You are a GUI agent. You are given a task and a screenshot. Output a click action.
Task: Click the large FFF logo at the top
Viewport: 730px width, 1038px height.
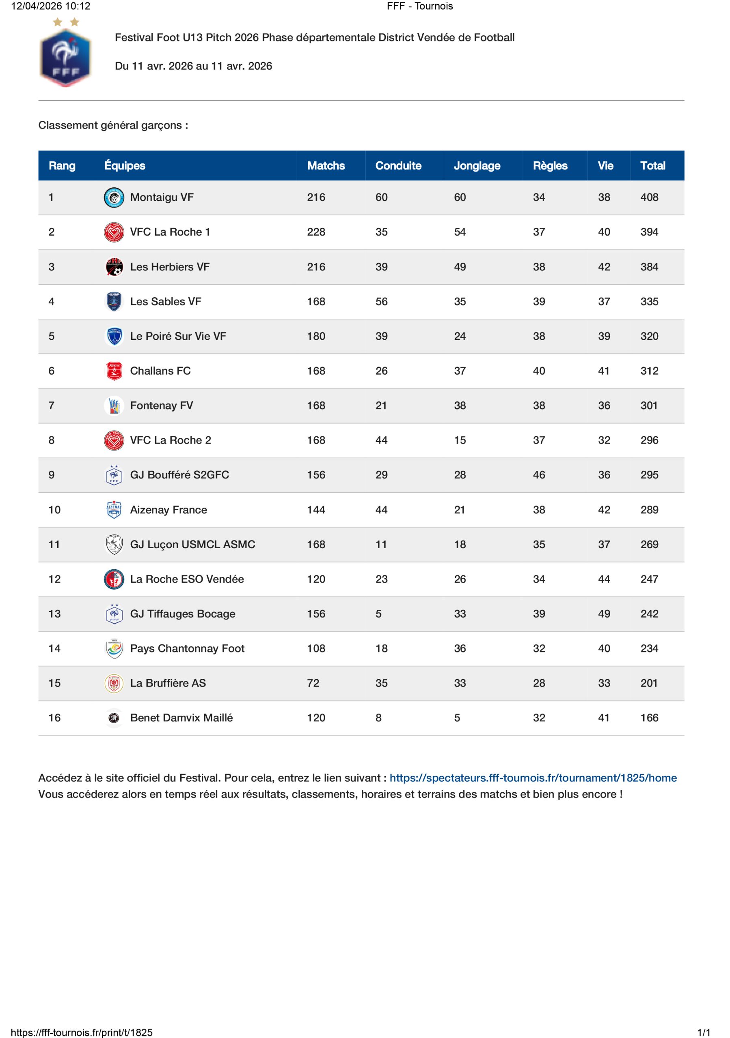(66, 54)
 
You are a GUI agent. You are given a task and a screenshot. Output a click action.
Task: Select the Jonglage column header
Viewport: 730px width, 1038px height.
(477, 165)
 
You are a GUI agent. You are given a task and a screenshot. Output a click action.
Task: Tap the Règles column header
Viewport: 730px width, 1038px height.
(549, 165)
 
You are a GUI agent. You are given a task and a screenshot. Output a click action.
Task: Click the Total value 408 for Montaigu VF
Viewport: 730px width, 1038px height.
(649, 197)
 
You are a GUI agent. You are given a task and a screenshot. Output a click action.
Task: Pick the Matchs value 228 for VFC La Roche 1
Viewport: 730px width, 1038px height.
(316, 232)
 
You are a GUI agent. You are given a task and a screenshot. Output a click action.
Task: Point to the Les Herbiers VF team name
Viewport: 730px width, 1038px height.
(170, 267)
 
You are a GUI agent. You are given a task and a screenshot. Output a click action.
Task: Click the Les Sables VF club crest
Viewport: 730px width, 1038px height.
(114, 301)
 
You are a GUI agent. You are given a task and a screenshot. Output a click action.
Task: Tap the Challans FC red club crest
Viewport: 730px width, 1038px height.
(114, 371)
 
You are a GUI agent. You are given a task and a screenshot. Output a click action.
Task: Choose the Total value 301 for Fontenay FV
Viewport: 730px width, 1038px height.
(648, 405)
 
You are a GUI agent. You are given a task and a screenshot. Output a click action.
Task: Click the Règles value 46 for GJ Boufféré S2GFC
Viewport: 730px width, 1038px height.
(538, 475)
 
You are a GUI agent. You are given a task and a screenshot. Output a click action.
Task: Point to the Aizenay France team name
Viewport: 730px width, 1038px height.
(168, 510)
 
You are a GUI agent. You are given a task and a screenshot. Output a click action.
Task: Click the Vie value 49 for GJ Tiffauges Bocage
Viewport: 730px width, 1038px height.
(604, 613)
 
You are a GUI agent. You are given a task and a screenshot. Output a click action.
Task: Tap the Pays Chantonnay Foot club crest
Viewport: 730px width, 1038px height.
(114, 648)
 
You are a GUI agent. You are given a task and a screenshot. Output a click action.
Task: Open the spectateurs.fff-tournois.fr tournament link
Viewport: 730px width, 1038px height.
(533, 778)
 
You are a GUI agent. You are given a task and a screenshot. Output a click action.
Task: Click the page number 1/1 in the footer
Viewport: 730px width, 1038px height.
(703, 1032)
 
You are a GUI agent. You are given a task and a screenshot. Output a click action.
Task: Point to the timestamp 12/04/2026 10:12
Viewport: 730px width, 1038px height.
(51, 6)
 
